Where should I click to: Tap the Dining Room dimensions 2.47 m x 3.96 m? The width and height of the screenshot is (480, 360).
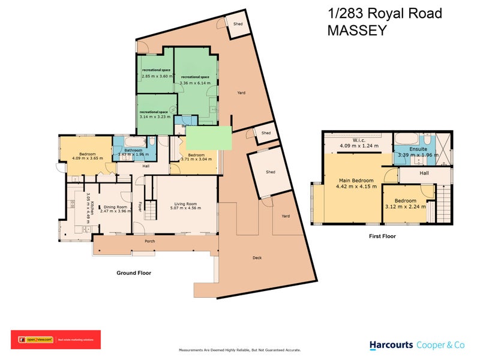(x=115, y=211)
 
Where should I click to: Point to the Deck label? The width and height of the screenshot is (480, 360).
(x=257, y=258)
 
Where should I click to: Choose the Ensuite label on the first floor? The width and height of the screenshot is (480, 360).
(x=418, y=149)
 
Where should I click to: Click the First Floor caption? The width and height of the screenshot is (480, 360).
(x=382, y=236)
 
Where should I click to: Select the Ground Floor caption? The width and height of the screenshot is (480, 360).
(x=133, y=272)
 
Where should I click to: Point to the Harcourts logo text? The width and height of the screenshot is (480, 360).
(x=391, y=345)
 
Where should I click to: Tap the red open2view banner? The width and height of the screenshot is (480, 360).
(x=56, y=340)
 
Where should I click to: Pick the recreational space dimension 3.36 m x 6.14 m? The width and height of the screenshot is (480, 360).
(x=196, y=82)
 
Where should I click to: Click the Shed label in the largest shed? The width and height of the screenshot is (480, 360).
(x=271, y=172)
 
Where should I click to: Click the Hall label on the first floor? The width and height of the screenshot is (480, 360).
(x=424, y=173)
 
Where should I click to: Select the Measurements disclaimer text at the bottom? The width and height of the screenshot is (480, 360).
(x=239, y=350)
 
